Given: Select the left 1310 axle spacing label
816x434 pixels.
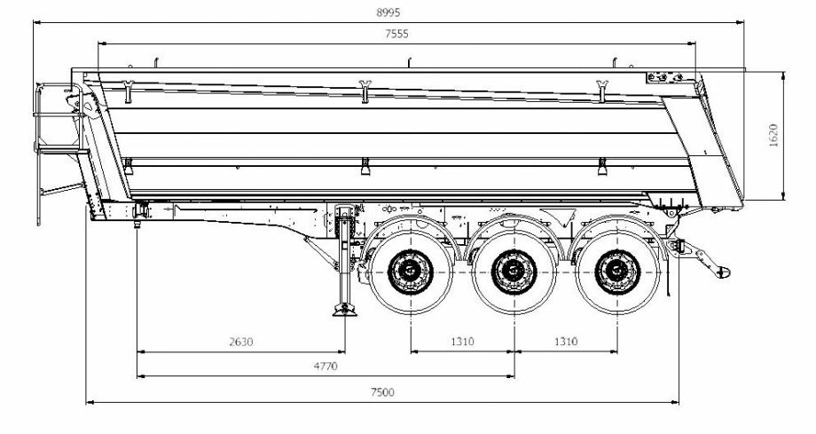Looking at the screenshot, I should (461, 341).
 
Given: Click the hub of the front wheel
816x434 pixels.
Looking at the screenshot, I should (410, 266).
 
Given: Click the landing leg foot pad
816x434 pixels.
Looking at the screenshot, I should (344, 311).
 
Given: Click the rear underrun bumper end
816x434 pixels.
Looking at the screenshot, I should (719, 268).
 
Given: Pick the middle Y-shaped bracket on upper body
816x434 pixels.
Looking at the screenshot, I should (365, 88).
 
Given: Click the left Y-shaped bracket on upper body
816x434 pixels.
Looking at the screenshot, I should (129, 88).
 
